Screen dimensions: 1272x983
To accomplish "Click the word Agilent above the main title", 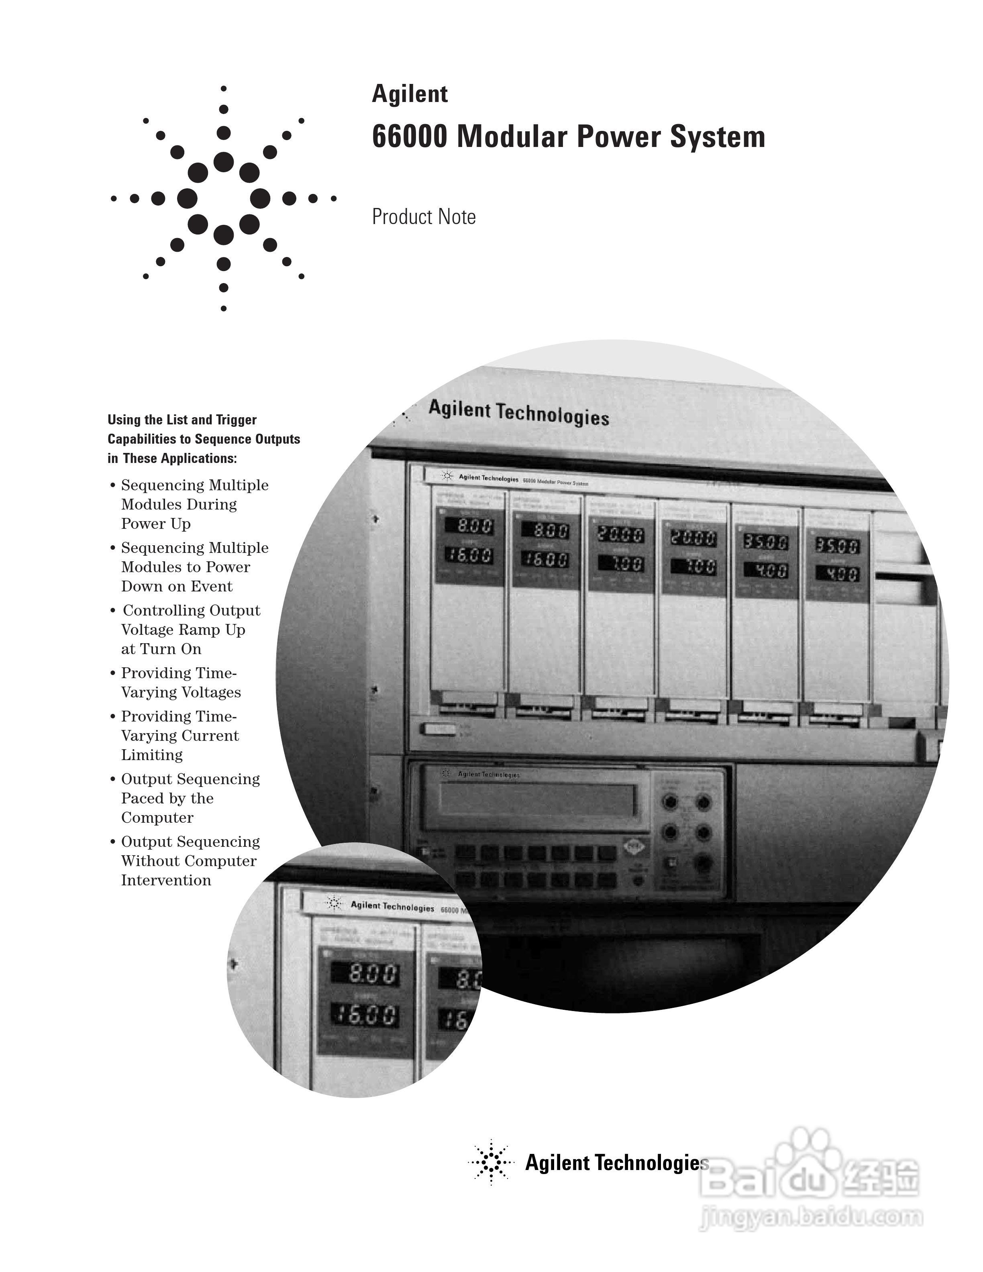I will coord(410,94).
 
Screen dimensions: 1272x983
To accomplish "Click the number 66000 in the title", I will coord(410,137).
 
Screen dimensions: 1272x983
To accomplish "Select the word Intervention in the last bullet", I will coord(166,880).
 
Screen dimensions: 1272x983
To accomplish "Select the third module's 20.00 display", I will coord(621,535).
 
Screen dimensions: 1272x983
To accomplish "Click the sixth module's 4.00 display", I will coord(837,574).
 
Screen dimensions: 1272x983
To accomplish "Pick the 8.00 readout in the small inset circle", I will coord(365,973).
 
